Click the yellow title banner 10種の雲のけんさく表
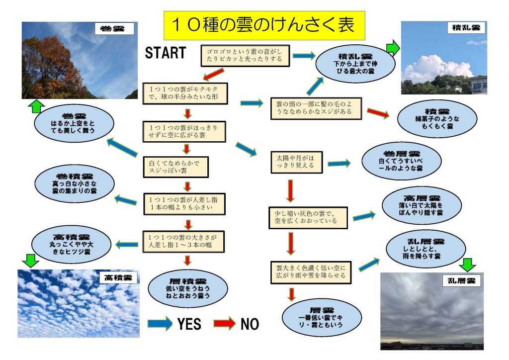pos(264,25)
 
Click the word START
pos(165,53)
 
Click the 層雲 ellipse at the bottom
pos(322,317)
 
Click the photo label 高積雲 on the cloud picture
pos(118,277)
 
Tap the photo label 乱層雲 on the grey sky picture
pos(461,281)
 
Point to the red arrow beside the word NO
pos(224,323)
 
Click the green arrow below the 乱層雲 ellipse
pos(468,264)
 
